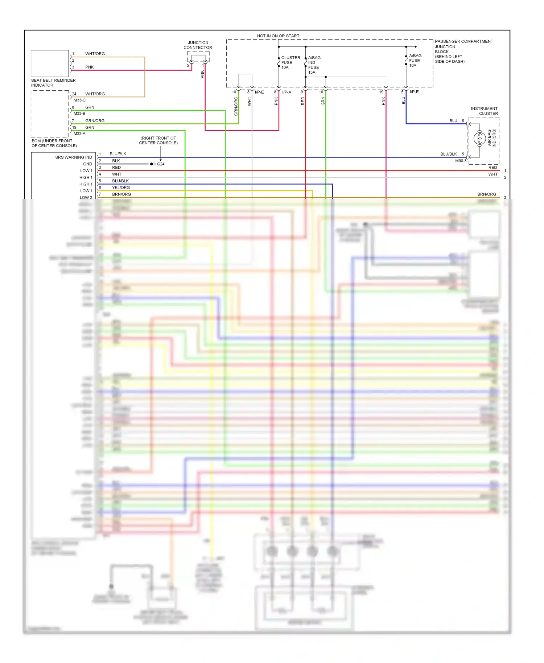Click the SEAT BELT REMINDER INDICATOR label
pyautogui.click(x=53, y=83)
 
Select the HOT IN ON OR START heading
pyautogui.click(x=278, y=36)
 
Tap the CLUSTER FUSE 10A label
pyautogui.click(x=290, y=62)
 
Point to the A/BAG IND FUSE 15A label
pyautogui.click(x=314, y=65)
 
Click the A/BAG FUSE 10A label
pyautogui.click(x=415, y=61)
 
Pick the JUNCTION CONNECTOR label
pyautogui.click(x=198, y=45)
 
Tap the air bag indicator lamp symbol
pyautogui.click(x=479, y=138)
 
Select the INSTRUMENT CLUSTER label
pyautogui.click(x=484, y=111)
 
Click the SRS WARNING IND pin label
pyautogui.click(x=74, y=157)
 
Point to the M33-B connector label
pyautogui.click(x=79, y=114)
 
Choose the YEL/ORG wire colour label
pyautogui.click(x=121, y=188)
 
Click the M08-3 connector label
pyautogui.click(x=461, y=161)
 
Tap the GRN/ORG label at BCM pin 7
pyautogui.click(x=95, y=121)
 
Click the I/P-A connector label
pyautogui.click(x=287, y=92)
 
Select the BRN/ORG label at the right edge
pyautogui.click(x=486, y=194)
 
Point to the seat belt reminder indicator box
pyautogui.click(x=50, y=63)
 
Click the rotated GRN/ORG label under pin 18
pyautogui.click(x=236, y=106)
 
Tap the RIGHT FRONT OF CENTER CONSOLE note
pyautogui.click(x=158, y=140)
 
